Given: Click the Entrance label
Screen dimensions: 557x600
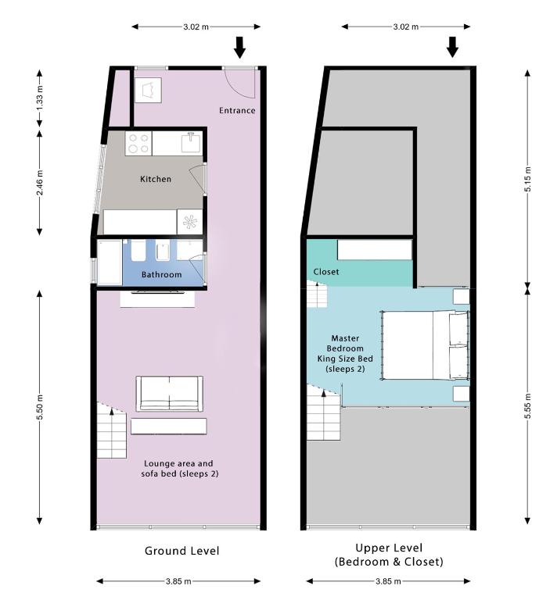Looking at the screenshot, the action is (237, 111).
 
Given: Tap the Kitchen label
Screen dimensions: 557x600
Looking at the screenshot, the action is (156, 179).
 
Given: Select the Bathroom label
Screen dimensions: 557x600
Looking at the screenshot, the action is (162, 274).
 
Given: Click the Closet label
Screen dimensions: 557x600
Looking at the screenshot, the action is (326, 272).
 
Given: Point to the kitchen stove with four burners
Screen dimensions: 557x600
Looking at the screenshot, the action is (138, 143).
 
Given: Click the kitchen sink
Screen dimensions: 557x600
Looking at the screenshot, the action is (191, 142).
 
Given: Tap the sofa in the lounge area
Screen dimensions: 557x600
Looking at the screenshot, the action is (169, 394).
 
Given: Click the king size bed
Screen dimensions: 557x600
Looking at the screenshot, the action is (426, 345).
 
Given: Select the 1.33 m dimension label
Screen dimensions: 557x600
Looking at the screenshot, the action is (40, 98).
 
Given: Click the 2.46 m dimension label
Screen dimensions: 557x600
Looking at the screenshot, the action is (40, 183).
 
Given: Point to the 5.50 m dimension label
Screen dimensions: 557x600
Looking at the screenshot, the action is (40, 406).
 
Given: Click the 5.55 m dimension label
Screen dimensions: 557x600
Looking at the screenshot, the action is (528, 405).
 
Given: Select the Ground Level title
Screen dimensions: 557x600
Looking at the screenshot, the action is (182, 551).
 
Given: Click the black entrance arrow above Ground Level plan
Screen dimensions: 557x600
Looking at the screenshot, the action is (240, 48).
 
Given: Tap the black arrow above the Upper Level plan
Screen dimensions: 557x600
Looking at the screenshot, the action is (452, 47).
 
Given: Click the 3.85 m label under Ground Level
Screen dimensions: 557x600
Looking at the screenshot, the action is (178, 581).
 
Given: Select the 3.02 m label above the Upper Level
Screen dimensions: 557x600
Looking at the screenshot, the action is (406, 27).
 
